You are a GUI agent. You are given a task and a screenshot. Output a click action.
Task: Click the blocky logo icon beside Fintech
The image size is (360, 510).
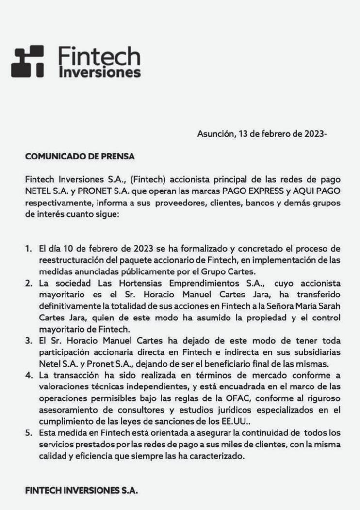coord(27,62)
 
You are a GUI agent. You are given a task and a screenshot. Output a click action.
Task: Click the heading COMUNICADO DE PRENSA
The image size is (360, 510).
coord(80,157)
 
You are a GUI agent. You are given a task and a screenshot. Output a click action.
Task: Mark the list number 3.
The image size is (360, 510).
coord(28,340)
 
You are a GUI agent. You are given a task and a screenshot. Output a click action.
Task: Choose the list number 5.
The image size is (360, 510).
coord(28,432)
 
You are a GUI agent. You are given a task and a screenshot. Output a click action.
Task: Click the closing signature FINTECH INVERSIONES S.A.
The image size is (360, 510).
coord(82,490)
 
